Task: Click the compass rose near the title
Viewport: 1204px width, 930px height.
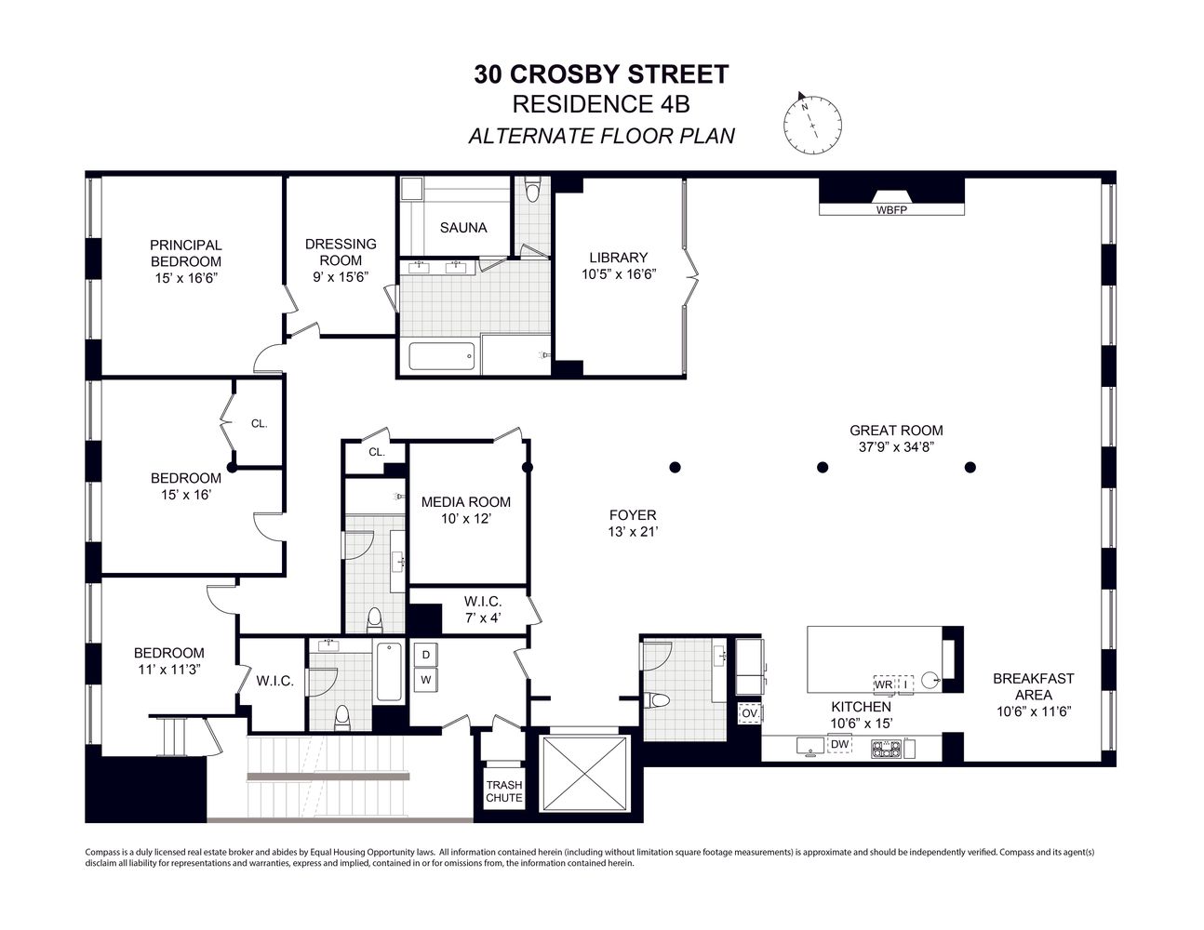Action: [x=812, y=124]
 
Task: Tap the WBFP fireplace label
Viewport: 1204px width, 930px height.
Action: [x=890, y=210]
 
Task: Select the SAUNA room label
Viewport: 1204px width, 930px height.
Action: [x=462, y=228]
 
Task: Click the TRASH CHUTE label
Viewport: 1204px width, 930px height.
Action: [x=504, y=791]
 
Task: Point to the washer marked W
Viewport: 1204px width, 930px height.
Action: [x=426, y=680]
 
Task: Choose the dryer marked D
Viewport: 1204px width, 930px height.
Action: [x=426, y=655]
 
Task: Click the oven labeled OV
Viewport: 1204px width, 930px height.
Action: [x=749, y=713]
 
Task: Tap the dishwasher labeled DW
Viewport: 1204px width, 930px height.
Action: [x=839, y=744]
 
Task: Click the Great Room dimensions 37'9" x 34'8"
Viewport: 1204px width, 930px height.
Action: [x=896, y=446]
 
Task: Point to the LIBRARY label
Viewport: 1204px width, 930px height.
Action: [x=618, y=258]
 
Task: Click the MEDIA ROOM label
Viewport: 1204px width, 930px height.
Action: [x=465, y=502]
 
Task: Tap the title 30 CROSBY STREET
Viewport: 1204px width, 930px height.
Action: [x=601, y=74]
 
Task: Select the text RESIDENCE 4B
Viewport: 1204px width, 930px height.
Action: [x=601, y=104]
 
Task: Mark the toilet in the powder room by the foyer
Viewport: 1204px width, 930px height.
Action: [x=659, y=700]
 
